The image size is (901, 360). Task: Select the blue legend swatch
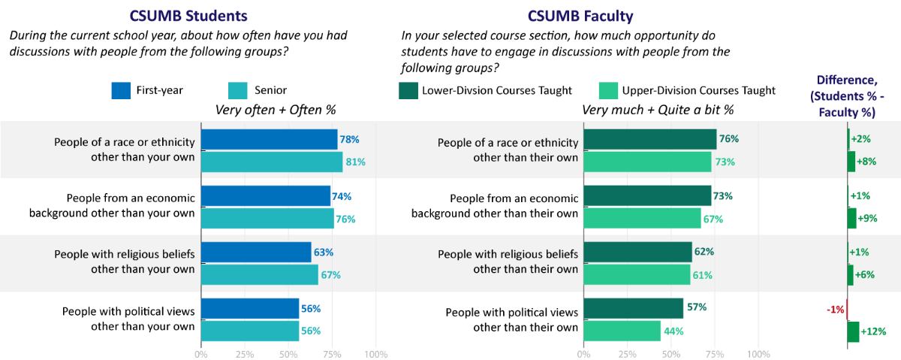[x=121, y=90]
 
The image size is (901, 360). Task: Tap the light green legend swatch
[x=608, y=90]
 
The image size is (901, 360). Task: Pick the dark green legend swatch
[x=408, y=90]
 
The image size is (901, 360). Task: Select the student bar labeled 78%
[x=269, y=139]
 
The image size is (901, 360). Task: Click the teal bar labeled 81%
[x=272, y=162]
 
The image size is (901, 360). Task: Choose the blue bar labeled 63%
[x=256, y=252]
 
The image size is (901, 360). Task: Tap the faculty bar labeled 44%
[x=622, y=331]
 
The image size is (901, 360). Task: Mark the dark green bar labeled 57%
[x=634, y=308]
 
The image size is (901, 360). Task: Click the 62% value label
[x=704, y=252]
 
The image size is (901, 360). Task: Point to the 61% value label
[x=702, y=275]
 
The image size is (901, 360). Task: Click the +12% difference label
[x=873, y=331]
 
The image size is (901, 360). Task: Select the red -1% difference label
[x=835, y=309]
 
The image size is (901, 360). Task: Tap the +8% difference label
[x=866, y=162]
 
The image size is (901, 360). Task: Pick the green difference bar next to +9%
[x=851, y=218]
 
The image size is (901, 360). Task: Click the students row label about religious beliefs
[x=124, y=262]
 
